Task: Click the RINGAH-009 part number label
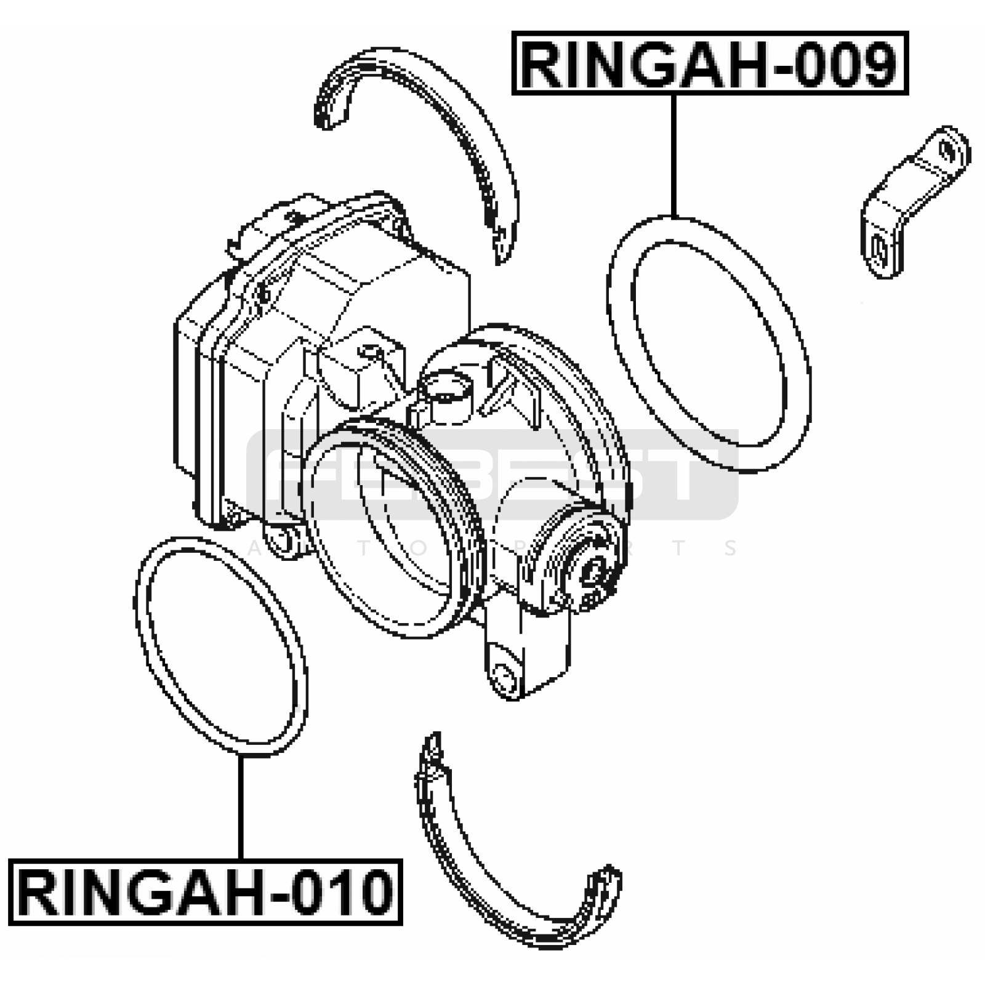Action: click(x=710, y=63)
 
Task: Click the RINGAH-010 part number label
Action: click(x=206, y=892)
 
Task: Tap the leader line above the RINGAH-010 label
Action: click(x=241, y=808)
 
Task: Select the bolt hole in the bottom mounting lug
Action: click(x=504, y=678)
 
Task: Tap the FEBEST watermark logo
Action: click(x=492, y=475)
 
